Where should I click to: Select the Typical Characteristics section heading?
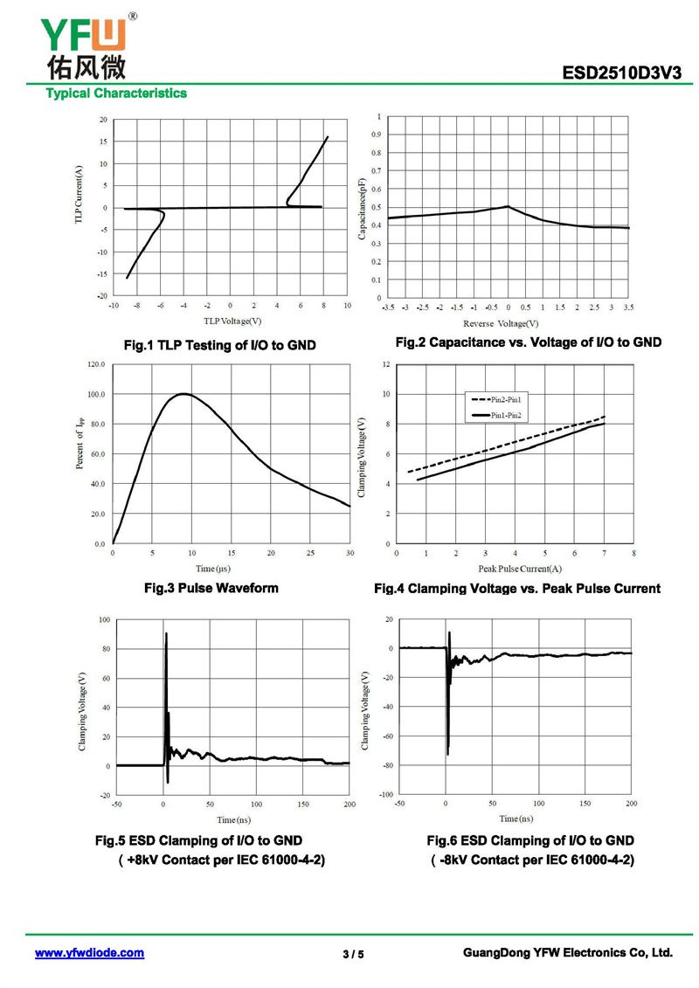point(116,93)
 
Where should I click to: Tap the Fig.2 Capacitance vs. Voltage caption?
point(528,342)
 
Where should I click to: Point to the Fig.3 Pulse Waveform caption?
point(211,588)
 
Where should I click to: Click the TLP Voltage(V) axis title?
point(228,321)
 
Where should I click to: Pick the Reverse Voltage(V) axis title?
point(507,323)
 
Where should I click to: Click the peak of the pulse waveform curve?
point(183,394)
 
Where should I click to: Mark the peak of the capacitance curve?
point(508,206)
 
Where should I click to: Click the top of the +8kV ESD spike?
point(166,633)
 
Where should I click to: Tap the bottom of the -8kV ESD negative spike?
point(447,754)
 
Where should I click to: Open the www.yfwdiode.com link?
point(89,953)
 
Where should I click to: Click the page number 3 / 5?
point(353,954)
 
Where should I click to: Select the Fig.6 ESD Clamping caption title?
point(530,840)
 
